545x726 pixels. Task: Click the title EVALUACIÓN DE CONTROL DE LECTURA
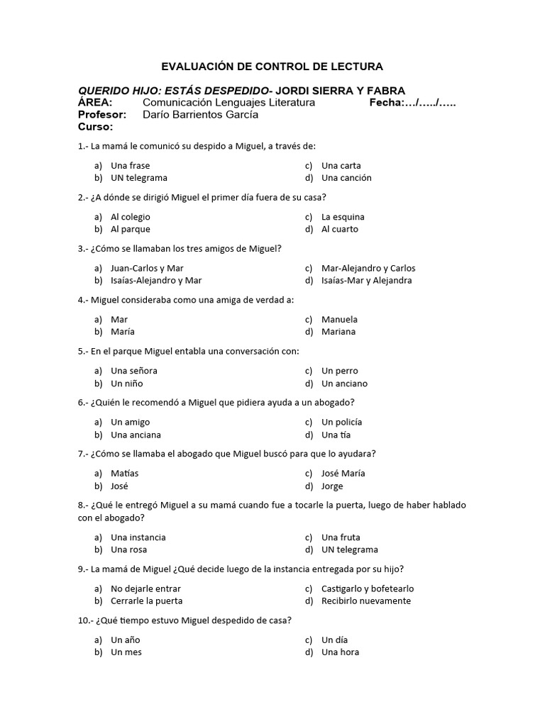[x=272, y=67]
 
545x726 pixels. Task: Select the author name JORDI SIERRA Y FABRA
[x=340, y=91]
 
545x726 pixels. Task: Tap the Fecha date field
[x=412, y=103]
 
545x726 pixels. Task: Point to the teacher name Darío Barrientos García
[x=200, y=115]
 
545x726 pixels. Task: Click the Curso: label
[x=96, y=127]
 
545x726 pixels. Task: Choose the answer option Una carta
[x=341, y=165]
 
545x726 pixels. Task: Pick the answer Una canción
[x=346, y=178]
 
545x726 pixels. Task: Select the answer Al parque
[x=131, y=229]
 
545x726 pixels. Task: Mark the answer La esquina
[x=343, y=217]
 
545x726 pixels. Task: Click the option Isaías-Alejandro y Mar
[x=156, y=280]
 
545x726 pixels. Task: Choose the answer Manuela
[x=339, y=319]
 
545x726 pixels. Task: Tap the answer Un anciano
[x=344, y=384]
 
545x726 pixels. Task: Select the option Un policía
[x=341, y=422]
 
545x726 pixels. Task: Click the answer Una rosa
[x=129, y=549]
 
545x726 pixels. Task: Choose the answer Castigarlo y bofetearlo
[x=368, y=588]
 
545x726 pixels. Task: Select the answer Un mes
[x=126, y=652]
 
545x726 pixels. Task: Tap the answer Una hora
[x=340, y=652]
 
